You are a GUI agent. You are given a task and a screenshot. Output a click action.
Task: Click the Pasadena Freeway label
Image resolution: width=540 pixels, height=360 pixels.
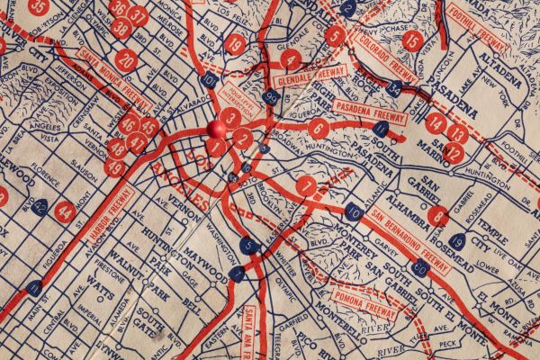point(369,112)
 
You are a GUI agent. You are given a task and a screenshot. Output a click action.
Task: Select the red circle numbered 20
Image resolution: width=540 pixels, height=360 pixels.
point(126,61)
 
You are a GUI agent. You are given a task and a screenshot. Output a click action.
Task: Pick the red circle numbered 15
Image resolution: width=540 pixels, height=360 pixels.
point(412,40)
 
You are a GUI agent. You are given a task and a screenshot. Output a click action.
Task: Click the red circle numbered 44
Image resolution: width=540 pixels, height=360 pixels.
point(65,211)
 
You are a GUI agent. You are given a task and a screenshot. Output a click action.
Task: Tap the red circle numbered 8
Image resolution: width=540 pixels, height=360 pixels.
point(438,216)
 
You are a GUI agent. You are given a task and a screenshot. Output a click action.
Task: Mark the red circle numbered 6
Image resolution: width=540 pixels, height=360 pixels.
point(318,128)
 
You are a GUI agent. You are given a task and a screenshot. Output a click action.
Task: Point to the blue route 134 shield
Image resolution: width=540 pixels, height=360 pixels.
point(394,88)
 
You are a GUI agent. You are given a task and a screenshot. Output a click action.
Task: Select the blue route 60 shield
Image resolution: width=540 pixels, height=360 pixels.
point(418,266)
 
